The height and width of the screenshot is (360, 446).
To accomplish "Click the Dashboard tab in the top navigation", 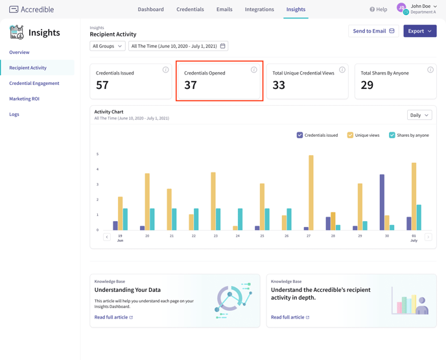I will pos(150,10).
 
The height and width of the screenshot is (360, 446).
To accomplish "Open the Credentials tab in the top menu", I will pos(190,10).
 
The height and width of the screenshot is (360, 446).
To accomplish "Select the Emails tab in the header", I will pos(224,10).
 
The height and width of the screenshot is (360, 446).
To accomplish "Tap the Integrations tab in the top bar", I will pos(259,10).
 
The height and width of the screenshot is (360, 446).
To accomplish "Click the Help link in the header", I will pos(378,10).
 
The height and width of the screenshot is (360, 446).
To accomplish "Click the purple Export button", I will pos(419,31).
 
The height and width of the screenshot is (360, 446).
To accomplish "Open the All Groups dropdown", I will pos(108,46).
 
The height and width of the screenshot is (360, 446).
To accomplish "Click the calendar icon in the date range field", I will pos(223,46).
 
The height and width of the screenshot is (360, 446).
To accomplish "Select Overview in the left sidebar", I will pos(19,52).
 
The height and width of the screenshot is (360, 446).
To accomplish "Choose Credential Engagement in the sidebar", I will pos(34,83).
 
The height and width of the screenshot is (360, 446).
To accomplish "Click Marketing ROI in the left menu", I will pos(25,99).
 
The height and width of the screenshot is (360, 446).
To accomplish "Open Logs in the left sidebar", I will pos(14,114).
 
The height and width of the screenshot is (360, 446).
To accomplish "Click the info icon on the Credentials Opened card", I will pos(253,69).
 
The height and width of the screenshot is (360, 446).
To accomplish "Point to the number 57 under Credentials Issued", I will pos(102,86).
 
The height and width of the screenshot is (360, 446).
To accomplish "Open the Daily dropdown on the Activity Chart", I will pos(419,115).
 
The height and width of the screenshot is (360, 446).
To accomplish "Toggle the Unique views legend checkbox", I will pos(350,135).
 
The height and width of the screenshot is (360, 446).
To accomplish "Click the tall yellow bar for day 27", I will pos(311,193).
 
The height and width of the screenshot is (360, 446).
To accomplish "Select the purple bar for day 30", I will pos(382,202).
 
